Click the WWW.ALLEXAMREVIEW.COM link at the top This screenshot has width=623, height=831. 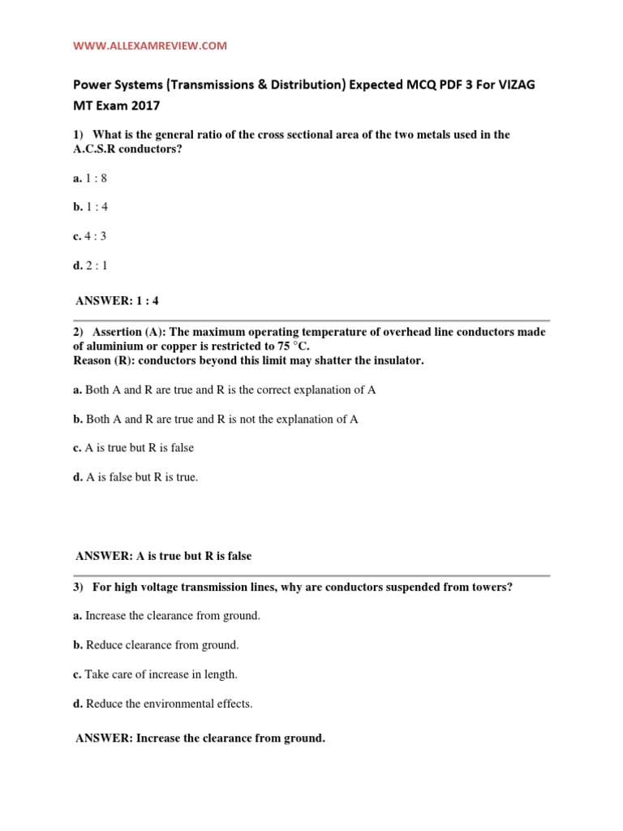click(x=150, y=46)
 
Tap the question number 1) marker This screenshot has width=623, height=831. click(x=79, y=135)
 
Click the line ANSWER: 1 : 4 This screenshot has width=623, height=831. click(x=118, y=300)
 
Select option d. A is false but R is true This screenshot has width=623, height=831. click(x=135, y=477)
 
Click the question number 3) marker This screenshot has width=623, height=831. click(x=79, y=587)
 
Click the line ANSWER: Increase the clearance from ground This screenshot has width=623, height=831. click(x=200, y=738)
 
